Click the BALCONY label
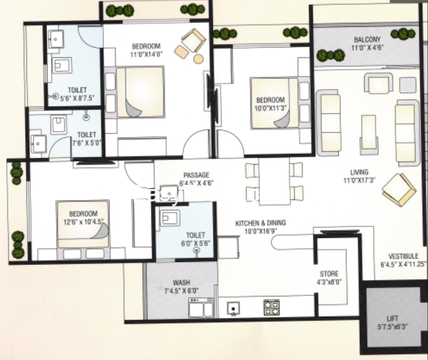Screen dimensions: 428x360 tap(367, 39)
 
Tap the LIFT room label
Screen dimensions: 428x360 tap(392, 319)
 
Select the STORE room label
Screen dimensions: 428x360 tap(329, 274)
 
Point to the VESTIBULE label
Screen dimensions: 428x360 tap(403, 256)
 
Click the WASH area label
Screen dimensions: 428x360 tap(181, 283)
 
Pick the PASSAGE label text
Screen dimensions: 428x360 tap(196, 175)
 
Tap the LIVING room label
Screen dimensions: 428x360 tap(359, 172)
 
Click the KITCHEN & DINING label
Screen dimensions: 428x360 tap(261, 223)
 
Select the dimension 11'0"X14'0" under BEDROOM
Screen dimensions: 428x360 tap(146, 54)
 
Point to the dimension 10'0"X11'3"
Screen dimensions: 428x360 tap(271, 108)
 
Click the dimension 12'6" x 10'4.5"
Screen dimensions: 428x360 tap(83, 222)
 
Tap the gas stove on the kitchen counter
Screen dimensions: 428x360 tap(272, 308)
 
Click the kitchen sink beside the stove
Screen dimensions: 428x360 tap(234, 309)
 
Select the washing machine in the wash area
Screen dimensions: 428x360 tap(201, 308)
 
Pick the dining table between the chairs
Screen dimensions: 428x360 tap(274, 181)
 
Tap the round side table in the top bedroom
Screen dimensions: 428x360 tap(198, 59)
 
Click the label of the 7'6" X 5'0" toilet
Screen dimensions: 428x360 tap(87, 135)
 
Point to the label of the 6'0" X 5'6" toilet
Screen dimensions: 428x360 tap(196, 235)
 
